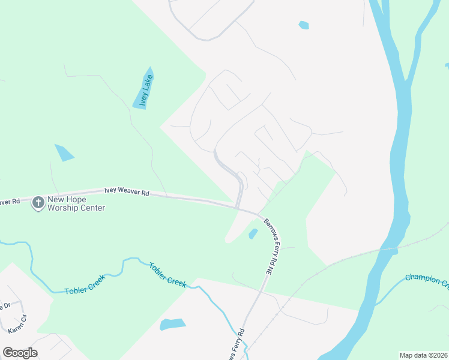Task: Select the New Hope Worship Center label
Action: pos(76,203)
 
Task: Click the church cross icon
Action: pos(38,203)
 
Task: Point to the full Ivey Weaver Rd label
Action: pos(127,191)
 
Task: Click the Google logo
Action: pos(20,353)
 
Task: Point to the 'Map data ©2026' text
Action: pos(423,355)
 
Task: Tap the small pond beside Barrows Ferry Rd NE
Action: pos(253,233)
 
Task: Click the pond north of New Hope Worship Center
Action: pos(64,152)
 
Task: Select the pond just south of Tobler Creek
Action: pos(172,325)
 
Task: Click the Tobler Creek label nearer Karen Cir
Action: pos(85,285)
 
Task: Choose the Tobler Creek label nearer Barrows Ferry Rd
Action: pos(167,273)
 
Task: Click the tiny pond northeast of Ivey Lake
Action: pos(304,25)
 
